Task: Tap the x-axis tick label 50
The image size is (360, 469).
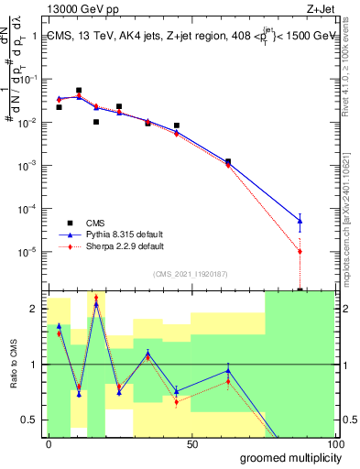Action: click(191, 443)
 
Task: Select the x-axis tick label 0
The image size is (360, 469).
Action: click(49, 443)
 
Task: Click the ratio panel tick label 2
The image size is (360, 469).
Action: click(33, 309)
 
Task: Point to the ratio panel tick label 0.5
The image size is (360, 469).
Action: click(29, 420)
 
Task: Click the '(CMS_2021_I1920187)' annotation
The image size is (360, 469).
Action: click(190, 273)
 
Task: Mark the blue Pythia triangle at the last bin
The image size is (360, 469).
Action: click(300, 221)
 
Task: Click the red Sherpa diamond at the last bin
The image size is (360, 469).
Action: click(300, 251)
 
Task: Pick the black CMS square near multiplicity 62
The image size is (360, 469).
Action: click(228, 161)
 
